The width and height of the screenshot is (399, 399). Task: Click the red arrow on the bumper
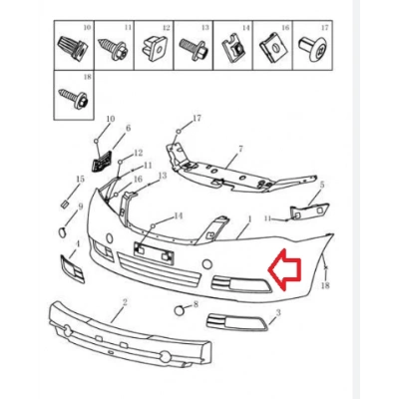point(284,269)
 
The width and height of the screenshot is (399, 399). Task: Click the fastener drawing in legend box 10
point(74,48)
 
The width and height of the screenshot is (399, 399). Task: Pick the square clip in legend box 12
point(154,48)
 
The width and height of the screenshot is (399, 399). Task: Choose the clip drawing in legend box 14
point(232,49)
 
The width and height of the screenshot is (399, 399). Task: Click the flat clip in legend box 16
point(272,47)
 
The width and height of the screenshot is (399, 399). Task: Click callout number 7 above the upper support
point(240,149)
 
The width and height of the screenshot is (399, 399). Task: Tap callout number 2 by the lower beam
point(125,302)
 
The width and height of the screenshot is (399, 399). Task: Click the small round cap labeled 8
point(180,310)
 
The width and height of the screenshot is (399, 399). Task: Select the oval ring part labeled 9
point(63,232)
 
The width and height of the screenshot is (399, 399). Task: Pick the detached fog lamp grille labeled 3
point(236,322)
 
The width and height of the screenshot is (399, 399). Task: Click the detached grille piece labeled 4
point(72,268)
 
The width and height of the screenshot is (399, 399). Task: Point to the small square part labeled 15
point(64,203)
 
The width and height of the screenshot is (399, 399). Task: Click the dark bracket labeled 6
point(102,160)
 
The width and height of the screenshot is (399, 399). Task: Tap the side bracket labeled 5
point(310,211)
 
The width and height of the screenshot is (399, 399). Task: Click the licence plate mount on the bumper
point(154,253)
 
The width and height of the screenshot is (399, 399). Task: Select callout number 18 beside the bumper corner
point(325,285)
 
